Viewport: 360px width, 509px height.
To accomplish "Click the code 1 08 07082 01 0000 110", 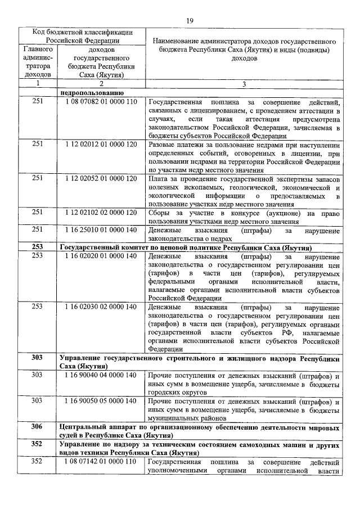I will point(101,102).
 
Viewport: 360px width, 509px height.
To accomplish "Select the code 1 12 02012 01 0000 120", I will point(101,144).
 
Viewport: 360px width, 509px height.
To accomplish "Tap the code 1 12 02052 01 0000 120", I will point(101,178).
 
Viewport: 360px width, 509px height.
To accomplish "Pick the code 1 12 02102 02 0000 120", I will point(101,212).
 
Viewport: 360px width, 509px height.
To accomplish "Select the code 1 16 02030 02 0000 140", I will point(101,307).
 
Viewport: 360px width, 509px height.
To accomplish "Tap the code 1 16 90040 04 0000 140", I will point(101,375).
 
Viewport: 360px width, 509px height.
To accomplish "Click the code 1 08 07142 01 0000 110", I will point(101,461).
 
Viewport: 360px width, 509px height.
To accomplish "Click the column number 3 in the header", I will point(244,84).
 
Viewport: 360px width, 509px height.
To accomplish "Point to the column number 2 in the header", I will point(101,84).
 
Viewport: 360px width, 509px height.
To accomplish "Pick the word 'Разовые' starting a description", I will point(161,144).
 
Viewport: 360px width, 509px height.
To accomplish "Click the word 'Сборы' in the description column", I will point(158,212).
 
